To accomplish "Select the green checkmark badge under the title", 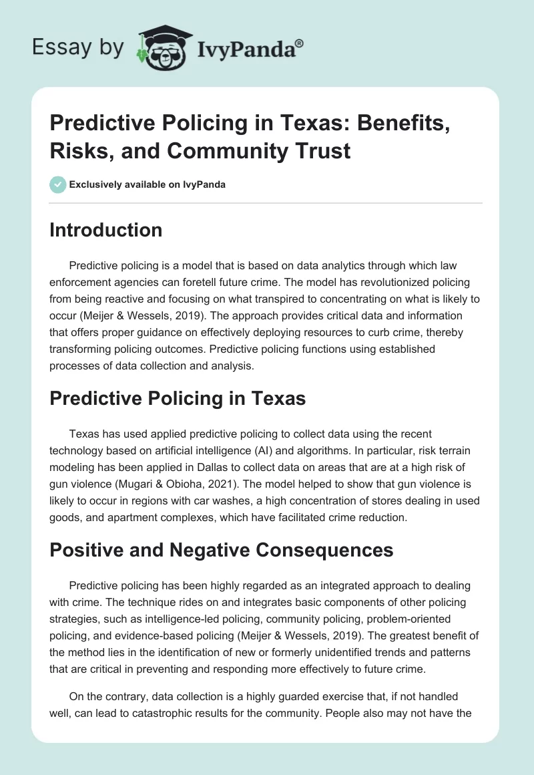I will tap(58, 184).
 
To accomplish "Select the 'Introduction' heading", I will tap(106, 230).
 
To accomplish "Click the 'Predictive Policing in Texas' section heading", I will tap(178, 399).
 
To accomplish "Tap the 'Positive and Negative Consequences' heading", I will tap(222, 551).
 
